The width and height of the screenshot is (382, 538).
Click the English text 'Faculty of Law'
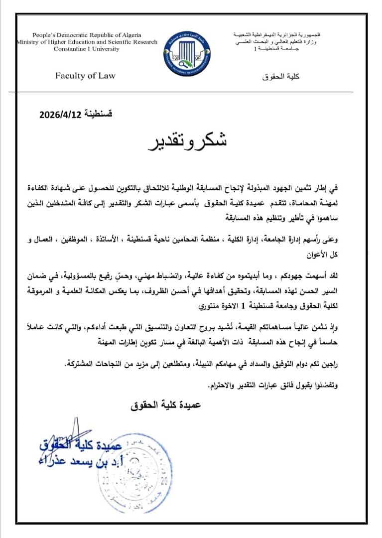(85, 76)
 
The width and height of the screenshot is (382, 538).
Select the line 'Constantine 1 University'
(86, 49)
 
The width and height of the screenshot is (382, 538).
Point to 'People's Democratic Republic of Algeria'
(87, 35)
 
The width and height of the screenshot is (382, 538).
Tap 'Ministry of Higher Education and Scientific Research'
(87, 42)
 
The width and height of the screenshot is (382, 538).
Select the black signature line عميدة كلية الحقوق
(164, 406)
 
